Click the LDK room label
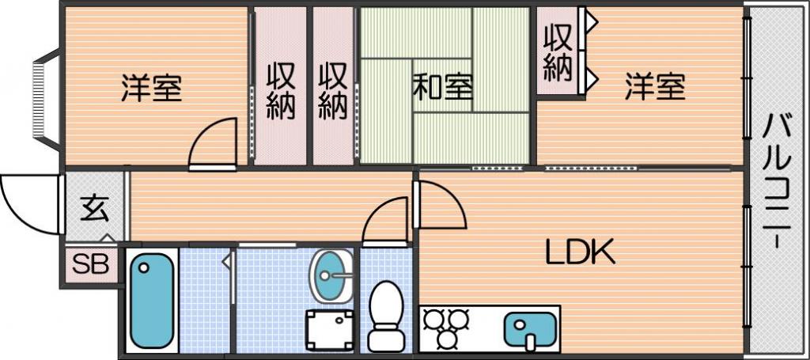(x=581, y=252)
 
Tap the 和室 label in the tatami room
(x=442, y=85)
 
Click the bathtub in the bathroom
(x=152, y=301)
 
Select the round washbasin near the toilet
(x=331, y=275)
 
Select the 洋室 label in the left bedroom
(x=151, y=88)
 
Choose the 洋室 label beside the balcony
(x=655, y=86)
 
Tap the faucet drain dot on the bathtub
(x=143, y=267)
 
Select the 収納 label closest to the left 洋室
(x=281, y=92)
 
